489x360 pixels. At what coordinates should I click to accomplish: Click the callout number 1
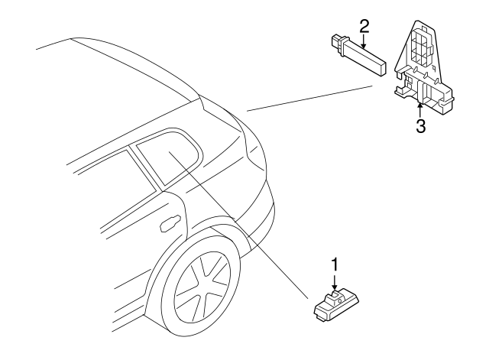[x=335, y=264]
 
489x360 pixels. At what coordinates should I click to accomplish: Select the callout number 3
[x=421, y=126]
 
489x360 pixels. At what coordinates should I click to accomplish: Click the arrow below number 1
[x=335, y=282]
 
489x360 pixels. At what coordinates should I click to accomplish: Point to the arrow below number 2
[x=363, y=41]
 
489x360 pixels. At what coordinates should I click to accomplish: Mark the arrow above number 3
[x=420, y=110]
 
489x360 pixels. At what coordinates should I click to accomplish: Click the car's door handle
[x=170, y=223]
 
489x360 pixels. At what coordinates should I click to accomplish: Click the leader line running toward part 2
[x=309, y=98]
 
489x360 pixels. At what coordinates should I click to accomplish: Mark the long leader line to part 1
[x=238, y=225]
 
